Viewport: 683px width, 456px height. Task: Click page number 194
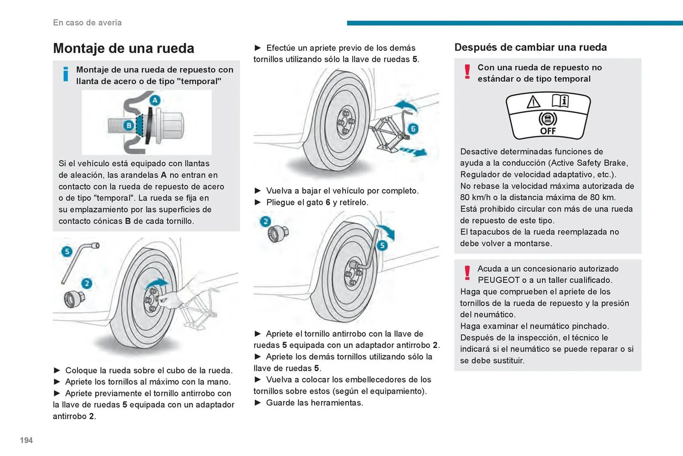point(26,440)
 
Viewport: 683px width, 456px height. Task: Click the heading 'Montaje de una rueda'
point(123,48)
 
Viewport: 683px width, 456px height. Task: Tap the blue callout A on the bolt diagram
point(155,100)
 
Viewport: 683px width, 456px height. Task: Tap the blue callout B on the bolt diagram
point(129,125)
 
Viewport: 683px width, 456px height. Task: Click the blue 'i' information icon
point(65,74)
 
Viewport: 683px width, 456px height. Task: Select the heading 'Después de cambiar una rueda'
point(530,47)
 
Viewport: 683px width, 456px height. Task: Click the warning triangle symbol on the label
point(533,102)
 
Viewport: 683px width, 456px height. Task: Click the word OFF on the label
point(548,131)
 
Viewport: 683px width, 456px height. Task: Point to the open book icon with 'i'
point(560,101)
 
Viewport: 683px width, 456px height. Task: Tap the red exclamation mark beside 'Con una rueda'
point(467,72)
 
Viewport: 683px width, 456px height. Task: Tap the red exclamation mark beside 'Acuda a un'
point(467,273)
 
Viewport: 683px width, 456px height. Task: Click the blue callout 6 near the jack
point(413,129)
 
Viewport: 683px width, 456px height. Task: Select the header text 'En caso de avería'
point(87,22)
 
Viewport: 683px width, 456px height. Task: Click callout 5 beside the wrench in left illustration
point(67,252)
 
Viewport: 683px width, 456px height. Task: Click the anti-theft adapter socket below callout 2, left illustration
point(74,299)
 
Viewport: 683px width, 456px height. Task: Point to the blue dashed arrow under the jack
point(414,152)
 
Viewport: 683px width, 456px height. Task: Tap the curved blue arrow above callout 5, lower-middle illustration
point(387,231)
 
